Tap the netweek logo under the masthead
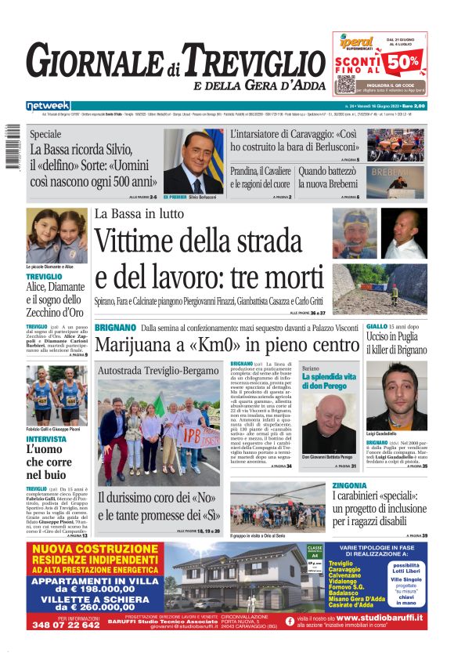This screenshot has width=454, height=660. [x=48, y=105]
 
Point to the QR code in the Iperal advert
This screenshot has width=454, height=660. [x=346, y=84]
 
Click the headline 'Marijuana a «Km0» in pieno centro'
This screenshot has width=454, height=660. [x=226, y=344]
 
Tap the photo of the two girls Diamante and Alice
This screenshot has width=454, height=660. [x=56, y=235]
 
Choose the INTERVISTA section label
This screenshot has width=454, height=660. [x=46, y=438]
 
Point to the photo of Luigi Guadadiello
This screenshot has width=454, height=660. [x=396, y=396]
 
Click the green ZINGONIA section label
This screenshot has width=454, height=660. [x=354, y=486]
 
